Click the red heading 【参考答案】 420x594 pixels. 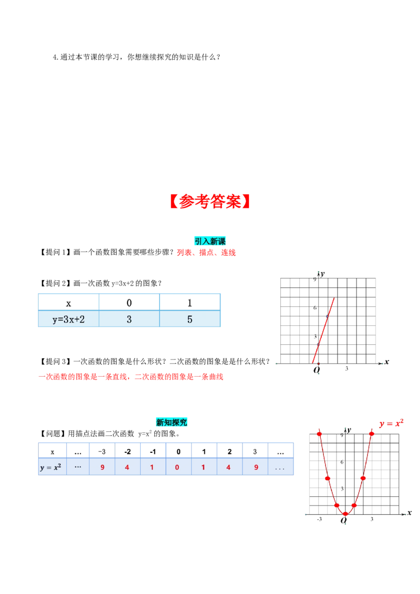click(x=209, y=201)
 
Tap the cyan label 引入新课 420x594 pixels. click(x=210, y=241)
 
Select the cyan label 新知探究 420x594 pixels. click(x=172, y=422)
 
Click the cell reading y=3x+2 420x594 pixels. click(x=68, y=320)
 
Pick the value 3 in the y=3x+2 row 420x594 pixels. click(x=129, y=320)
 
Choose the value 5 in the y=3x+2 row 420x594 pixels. click(x=190, y=320)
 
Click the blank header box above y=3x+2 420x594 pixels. click(x=69, y=303)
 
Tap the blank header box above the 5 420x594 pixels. click(x=191, y=303)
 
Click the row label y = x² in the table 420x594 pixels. click(x=50, y=467)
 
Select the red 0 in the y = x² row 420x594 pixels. click(x=177, y=467)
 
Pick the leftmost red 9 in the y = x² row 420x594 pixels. click(x=102, y=467)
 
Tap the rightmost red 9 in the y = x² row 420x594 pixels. click(x=256, y=467)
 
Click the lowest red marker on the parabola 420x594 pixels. click(x=345, y=514)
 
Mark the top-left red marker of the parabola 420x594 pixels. click(x=319, y=432)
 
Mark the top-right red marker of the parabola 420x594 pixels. click(x=372, y=432)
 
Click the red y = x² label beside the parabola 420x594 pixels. click(x=391, y=423)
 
